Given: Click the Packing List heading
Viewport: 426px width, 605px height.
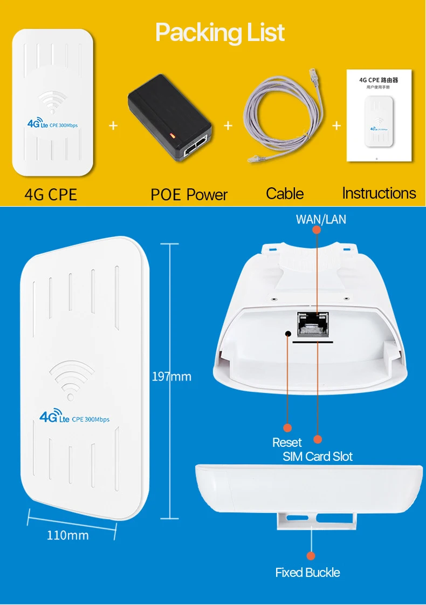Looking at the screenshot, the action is (x=220, y=33).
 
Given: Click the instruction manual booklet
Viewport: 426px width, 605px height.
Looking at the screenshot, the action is (x=379, y=115).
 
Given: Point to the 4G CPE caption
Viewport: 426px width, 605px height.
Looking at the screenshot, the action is (x=51, y=194).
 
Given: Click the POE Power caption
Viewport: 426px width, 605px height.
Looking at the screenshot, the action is (x=189, y=195).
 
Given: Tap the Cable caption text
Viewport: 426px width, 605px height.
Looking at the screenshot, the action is (x=285, y=194).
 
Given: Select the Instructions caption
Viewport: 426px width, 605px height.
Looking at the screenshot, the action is (x=379, y=193).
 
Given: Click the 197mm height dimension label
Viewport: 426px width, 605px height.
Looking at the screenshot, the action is (x=171, y=376).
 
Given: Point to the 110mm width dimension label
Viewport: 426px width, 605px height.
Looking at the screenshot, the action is (x=67, y=535).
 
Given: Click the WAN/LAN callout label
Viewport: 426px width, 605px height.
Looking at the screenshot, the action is (x=321, y=219).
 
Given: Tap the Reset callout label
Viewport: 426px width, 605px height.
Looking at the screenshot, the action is (x=287, y=443).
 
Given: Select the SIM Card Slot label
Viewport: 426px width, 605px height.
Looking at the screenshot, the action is (x=318, y=457).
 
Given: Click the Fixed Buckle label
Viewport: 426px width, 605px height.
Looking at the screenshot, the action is (x=307, y=573).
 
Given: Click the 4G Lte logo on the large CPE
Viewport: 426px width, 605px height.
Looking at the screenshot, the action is (x=54, y=417).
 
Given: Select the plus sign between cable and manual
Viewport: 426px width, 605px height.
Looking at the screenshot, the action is (x=336, y=126).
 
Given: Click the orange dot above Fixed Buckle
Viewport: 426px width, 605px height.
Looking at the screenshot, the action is (x=310, y=555).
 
